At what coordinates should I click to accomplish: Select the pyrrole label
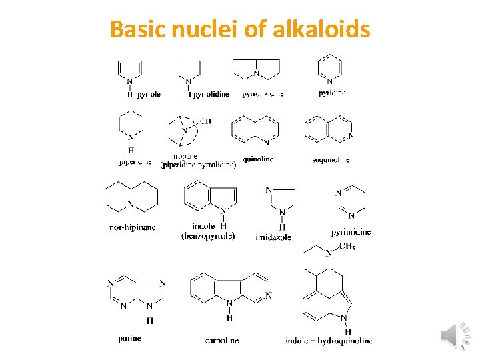tap(149, 94)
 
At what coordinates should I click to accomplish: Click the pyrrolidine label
tap(211, 94)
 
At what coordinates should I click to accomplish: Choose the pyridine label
tap(331, 93)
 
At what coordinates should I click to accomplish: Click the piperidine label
tap(135, 161)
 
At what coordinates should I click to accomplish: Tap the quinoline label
tap(257, 159)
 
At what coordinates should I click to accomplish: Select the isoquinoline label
tap(329, 159)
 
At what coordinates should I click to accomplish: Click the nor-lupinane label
tap(132, 227)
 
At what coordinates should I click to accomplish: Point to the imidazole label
tap(273, 237)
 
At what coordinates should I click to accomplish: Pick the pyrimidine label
tap(351, 232)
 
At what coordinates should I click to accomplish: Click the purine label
tap(129, 338)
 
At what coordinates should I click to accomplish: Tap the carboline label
tap(221, 340)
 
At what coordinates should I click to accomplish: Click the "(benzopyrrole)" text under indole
tap(208, 235)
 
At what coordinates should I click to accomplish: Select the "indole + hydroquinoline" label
tap(329, 341)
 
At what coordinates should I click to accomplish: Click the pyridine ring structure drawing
tap(329, 68)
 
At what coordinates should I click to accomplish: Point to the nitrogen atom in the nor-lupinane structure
tap(131, 205)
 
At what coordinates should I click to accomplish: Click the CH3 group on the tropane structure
tap(207, 121)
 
